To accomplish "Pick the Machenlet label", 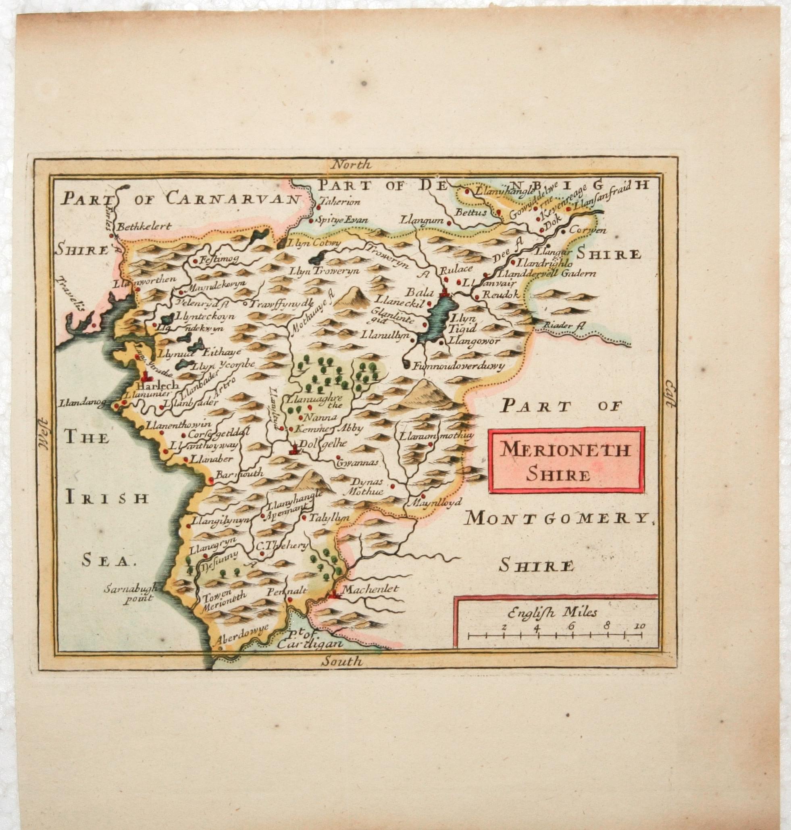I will click(x=370, y=589).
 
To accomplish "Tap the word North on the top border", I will click(x=351, y=165).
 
